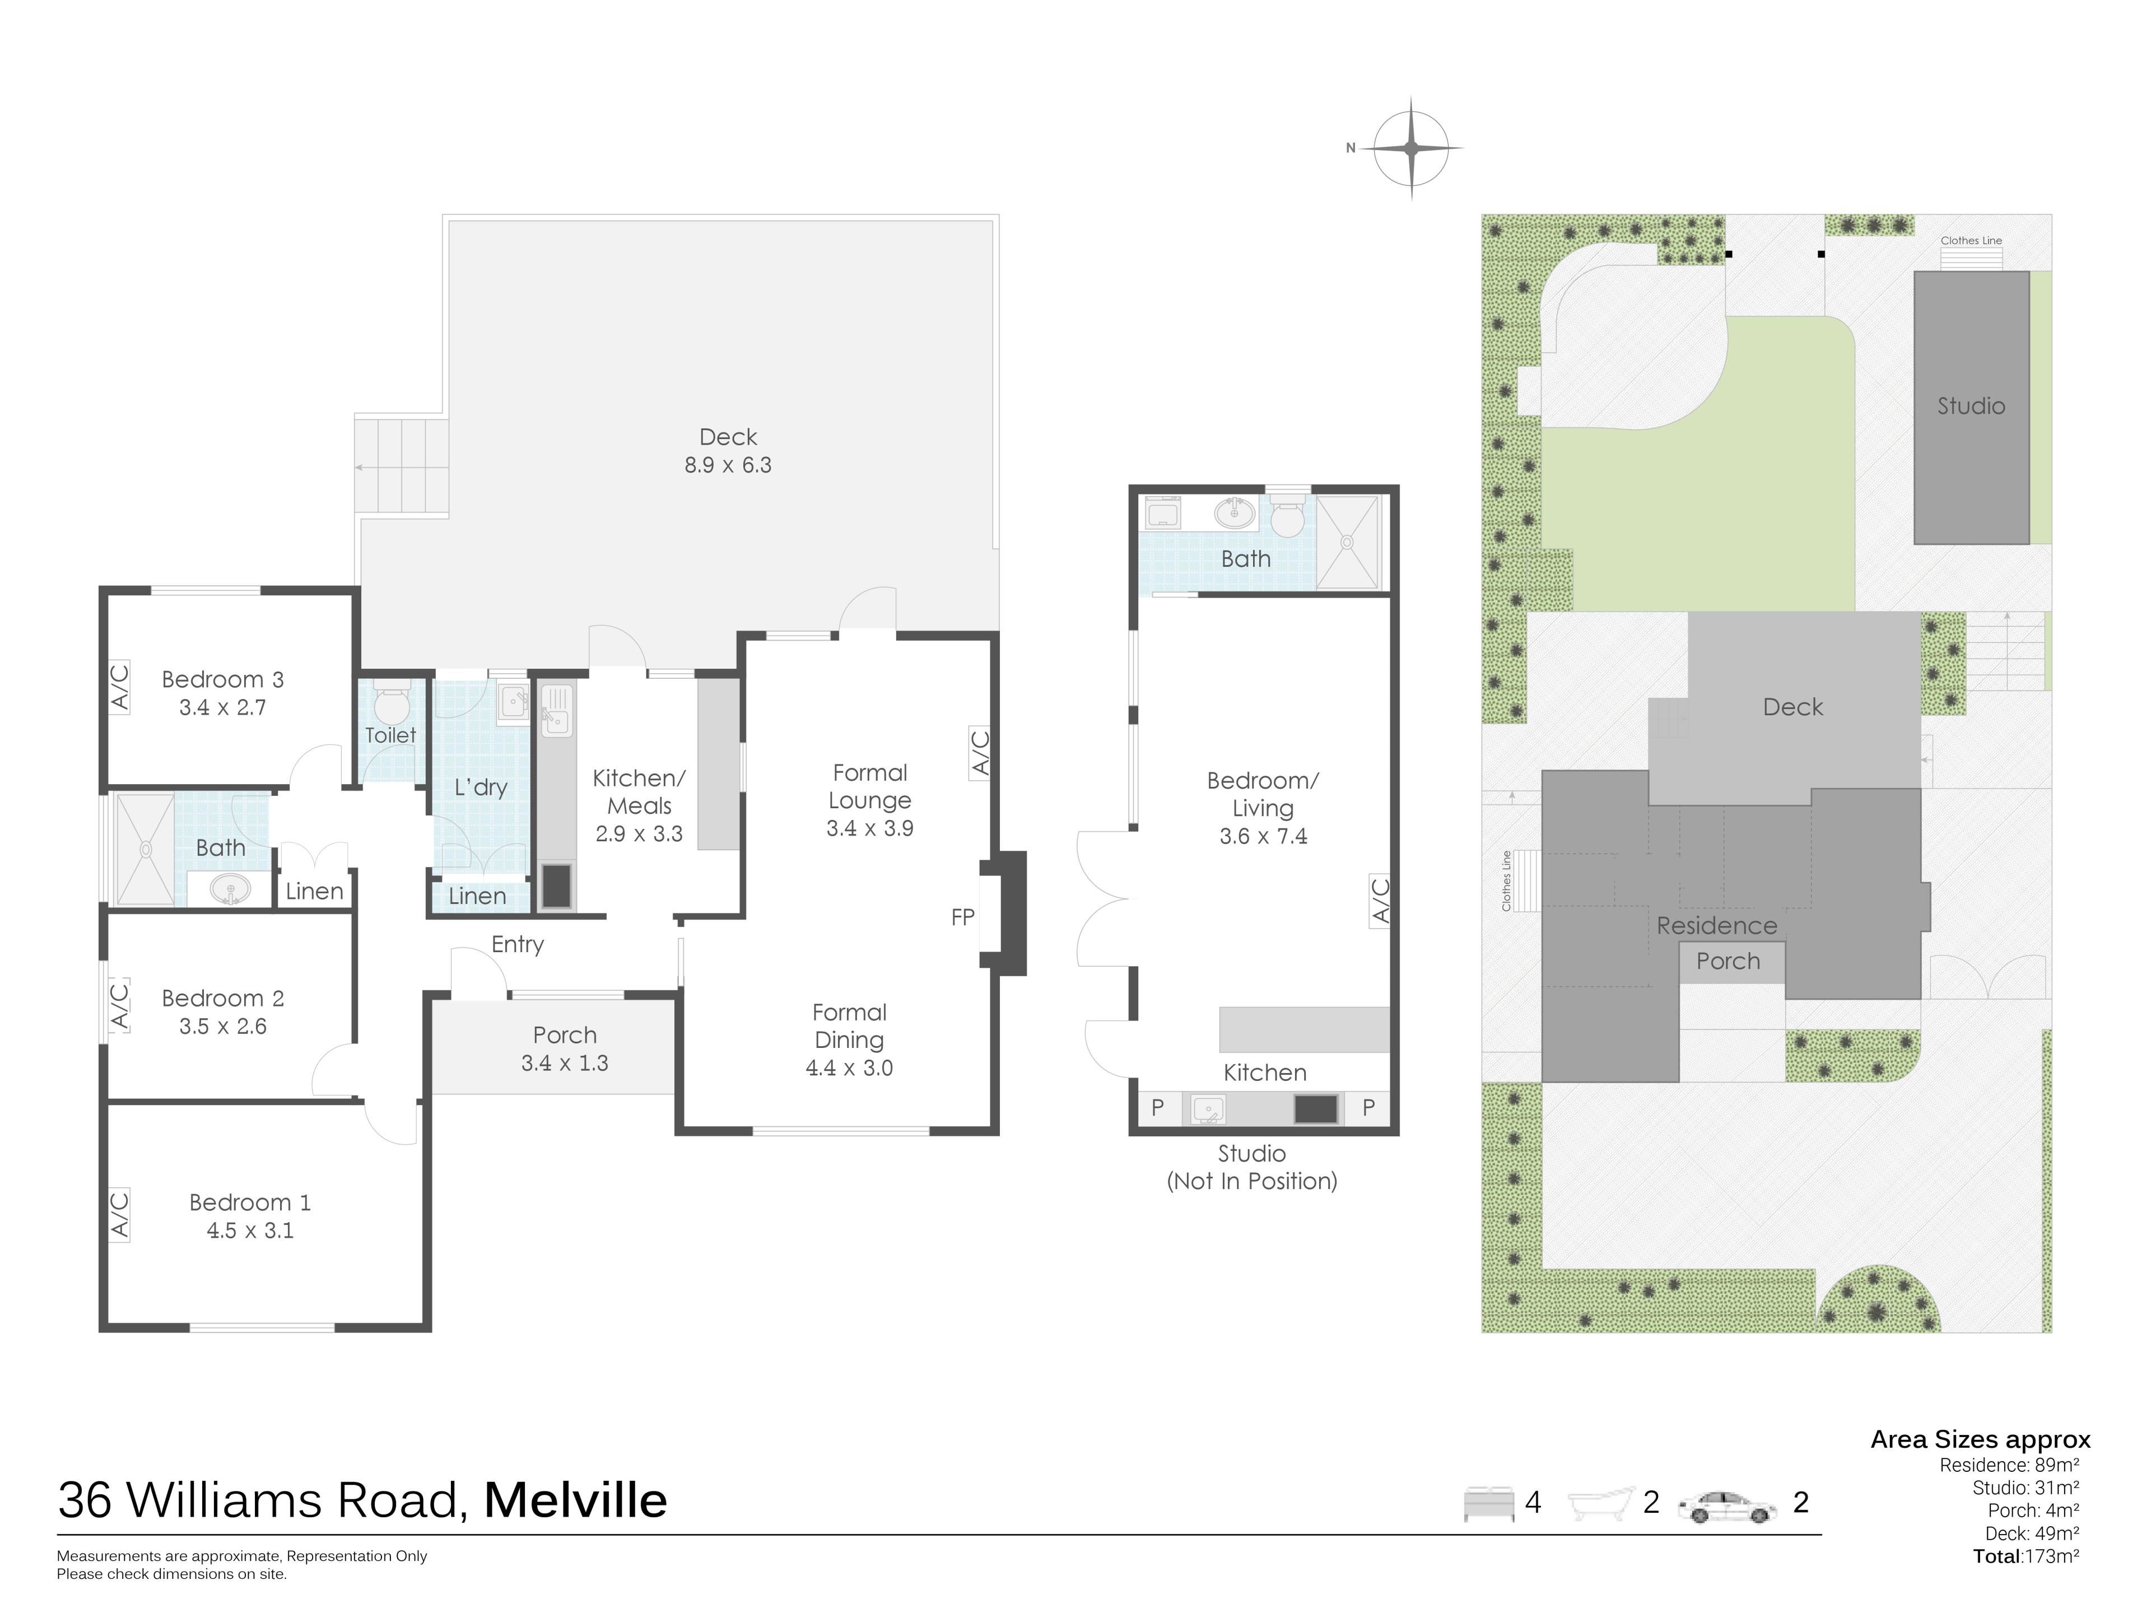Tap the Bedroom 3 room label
223,679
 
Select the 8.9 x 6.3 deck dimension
728,465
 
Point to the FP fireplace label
963,917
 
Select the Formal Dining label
849,1025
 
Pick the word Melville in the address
576,1500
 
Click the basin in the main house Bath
230,889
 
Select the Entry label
518,945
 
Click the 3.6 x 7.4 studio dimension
1263,836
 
